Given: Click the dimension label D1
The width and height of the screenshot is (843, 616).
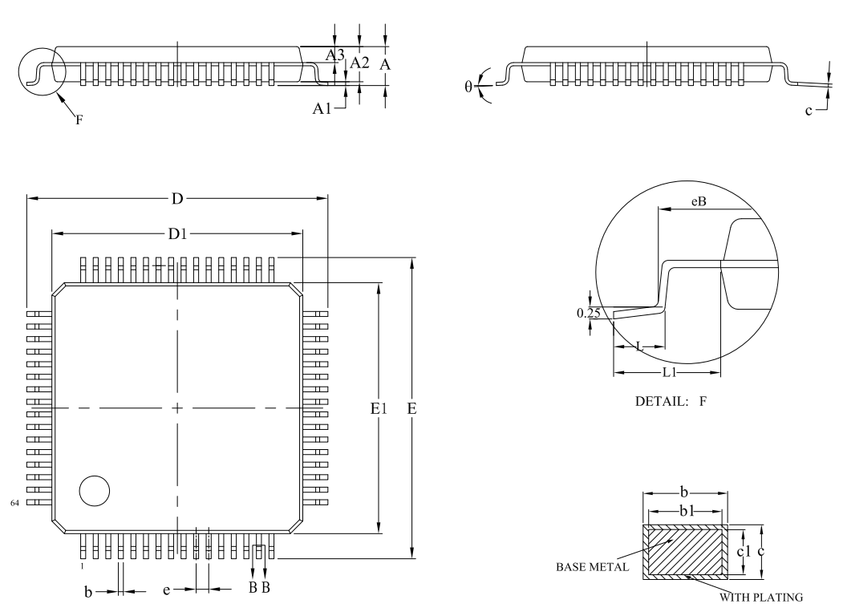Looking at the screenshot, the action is [x=177, y=234].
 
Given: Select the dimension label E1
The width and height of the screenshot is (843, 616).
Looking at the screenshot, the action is [x=379, y=409].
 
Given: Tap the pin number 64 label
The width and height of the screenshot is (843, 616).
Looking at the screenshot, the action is [x=14, y=503].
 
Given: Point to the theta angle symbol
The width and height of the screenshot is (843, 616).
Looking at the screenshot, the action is [x=468, y=86].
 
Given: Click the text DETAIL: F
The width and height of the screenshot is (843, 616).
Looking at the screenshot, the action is [x=671, y=401].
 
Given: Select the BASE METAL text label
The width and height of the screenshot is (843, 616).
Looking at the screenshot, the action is [x=592, y=566].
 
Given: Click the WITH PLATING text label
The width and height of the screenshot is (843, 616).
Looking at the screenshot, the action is [x=761, y=598].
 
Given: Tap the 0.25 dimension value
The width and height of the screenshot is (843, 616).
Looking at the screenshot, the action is [x=588, y=313].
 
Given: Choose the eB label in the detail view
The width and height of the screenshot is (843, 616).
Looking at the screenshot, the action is [x=699, y=201].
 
